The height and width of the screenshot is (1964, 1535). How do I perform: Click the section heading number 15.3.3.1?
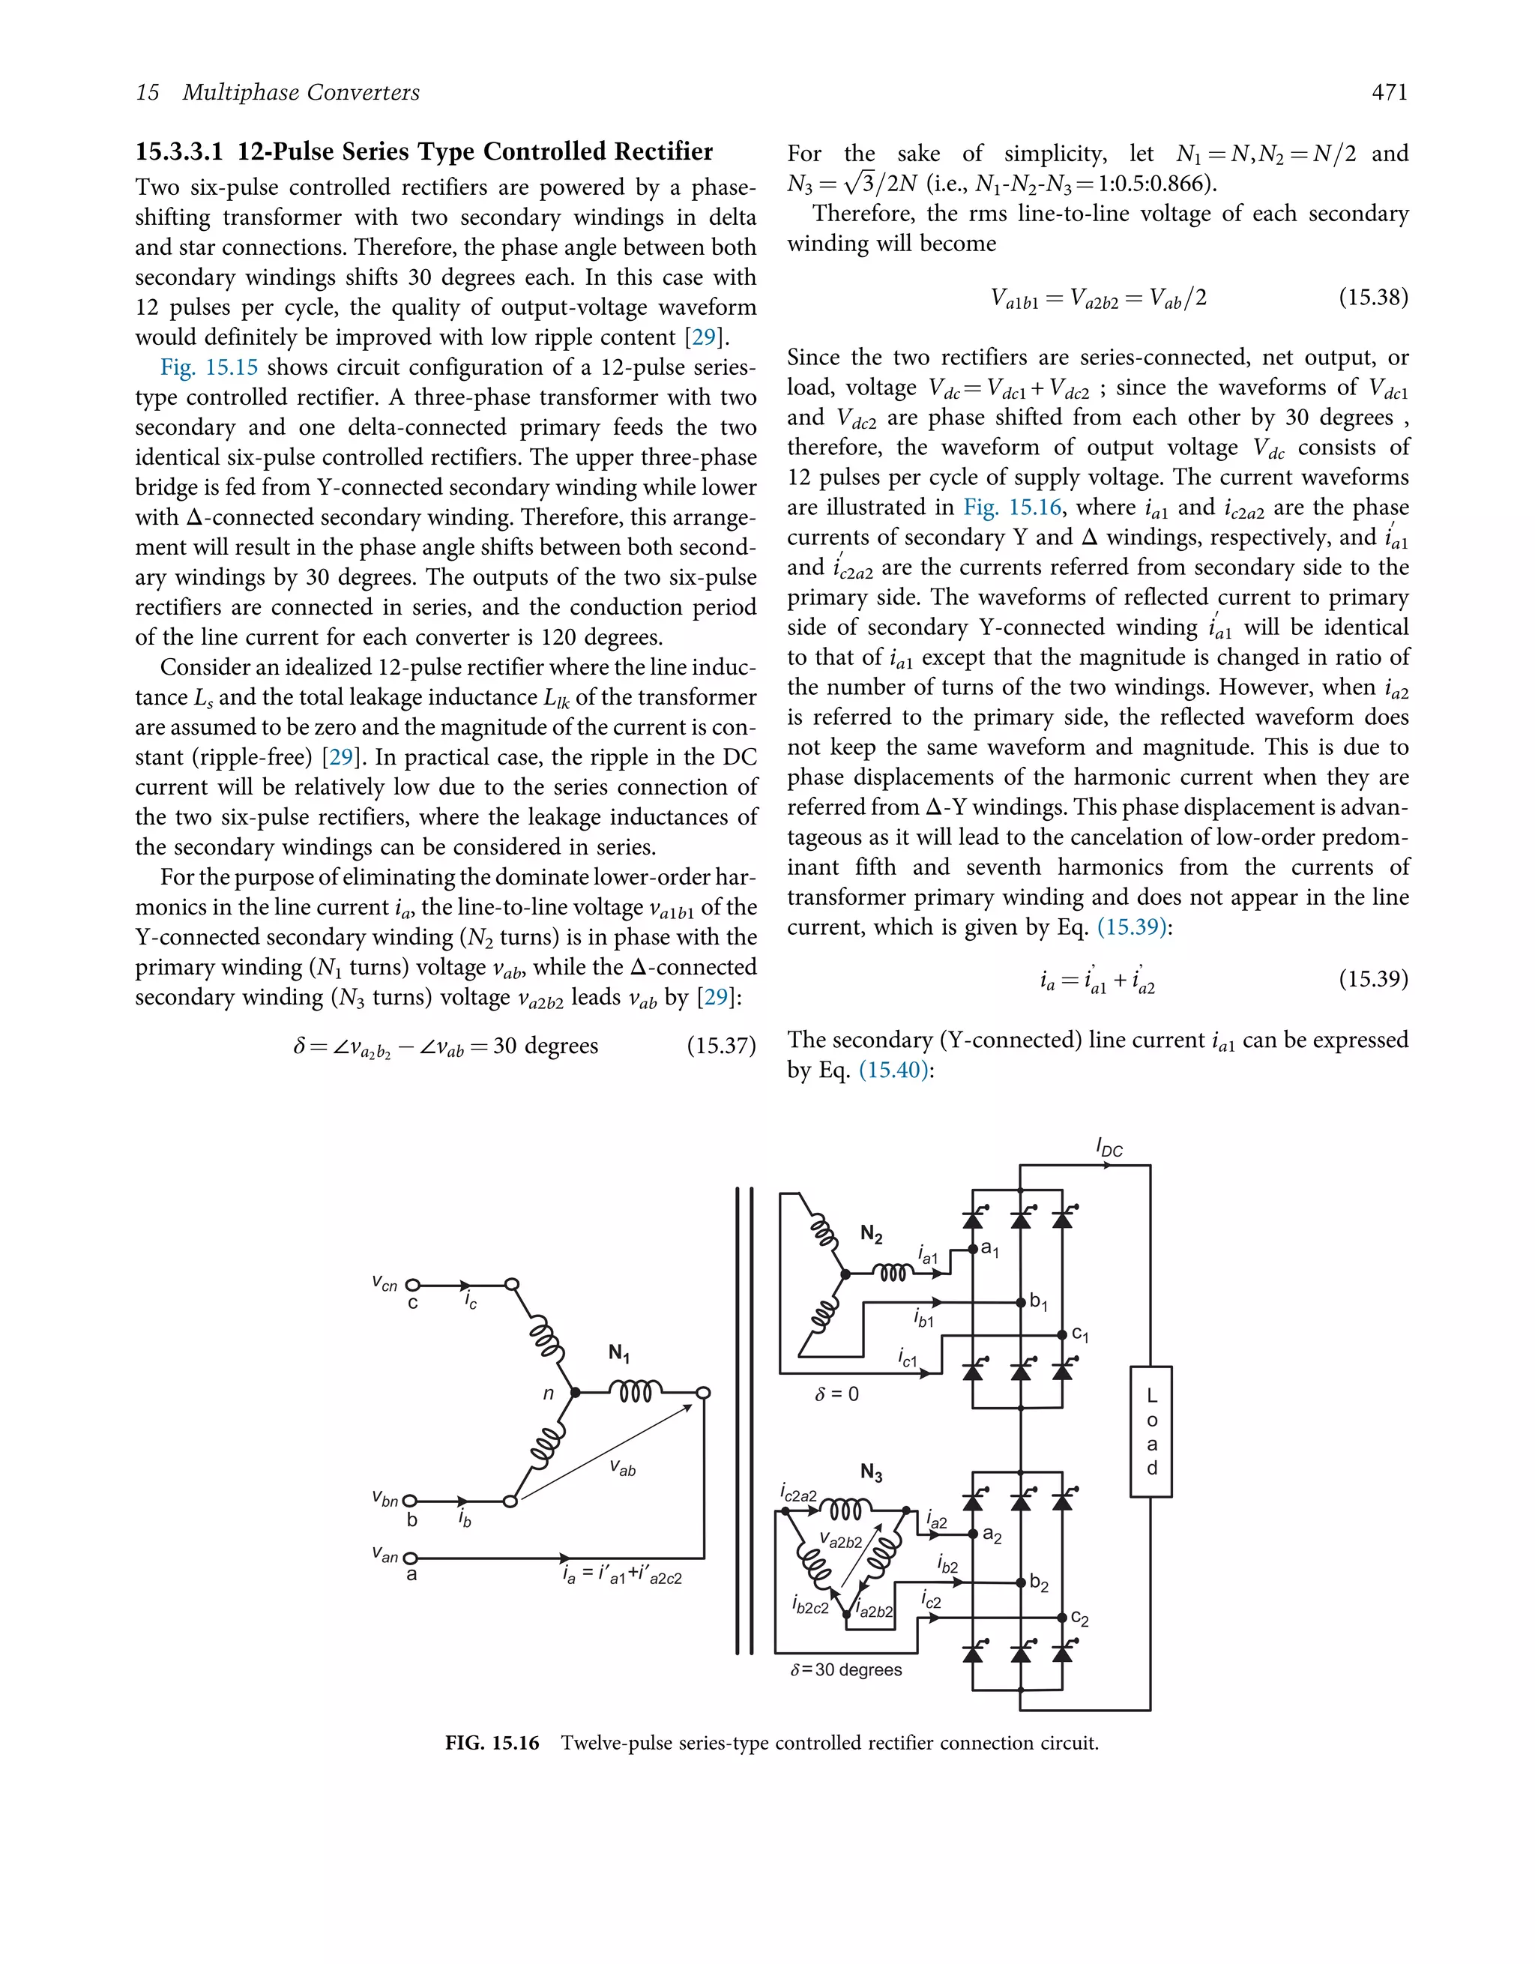[179, 151]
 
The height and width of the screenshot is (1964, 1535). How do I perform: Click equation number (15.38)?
[1372, 298]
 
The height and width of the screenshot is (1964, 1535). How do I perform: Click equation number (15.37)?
[720, 1046]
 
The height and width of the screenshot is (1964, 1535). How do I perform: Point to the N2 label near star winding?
[870, 1234]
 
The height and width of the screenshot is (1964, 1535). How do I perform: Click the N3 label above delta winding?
[870, 1472]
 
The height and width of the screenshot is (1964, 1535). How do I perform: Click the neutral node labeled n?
[576, 1393]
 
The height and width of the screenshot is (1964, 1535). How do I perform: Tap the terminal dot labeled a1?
[973, 1249]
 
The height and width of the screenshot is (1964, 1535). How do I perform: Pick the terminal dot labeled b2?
[1021, 1582]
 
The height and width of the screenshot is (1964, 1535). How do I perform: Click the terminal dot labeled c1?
[1062, 1334]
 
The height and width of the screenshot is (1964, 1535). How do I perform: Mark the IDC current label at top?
[1109, 1148]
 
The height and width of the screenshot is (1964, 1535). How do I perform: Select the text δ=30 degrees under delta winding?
[845, 1670]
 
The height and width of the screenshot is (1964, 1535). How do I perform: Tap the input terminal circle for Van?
[410, 1558]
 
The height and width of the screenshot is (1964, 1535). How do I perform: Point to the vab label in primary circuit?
[622, 1469]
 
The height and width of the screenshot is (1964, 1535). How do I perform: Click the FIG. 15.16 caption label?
[492, 1743]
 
